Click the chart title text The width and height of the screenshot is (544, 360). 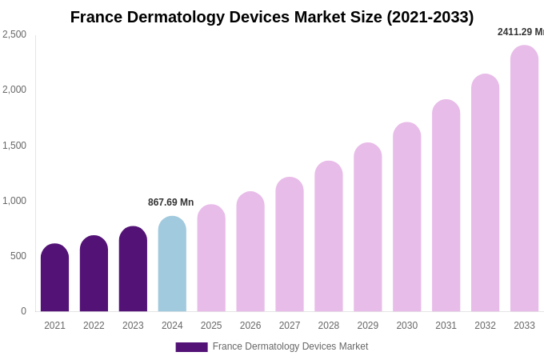click(272, 17)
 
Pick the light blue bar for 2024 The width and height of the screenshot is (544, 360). click(172, 265)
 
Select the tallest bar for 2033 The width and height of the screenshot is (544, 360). click(524, 179)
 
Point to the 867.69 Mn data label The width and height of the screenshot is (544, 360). click(170, 202)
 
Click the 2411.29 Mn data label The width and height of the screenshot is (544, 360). click(520, 32)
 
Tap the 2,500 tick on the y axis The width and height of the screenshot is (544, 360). click(14, 34)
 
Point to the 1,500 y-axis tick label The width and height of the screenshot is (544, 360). click(14, 146)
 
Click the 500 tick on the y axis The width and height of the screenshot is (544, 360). click(18, 256)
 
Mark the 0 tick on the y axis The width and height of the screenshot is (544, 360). click(23, 311)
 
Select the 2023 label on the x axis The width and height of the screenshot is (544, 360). click(133, 326)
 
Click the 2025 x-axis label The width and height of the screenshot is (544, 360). click(211, 326)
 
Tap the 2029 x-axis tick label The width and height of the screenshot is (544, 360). click(368, 326)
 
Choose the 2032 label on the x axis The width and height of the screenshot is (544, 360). click(485, 326)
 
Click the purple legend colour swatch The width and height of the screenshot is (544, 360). click(191, 347)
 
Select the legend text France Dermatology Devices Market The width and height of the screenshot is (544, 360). click(290, 346)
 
